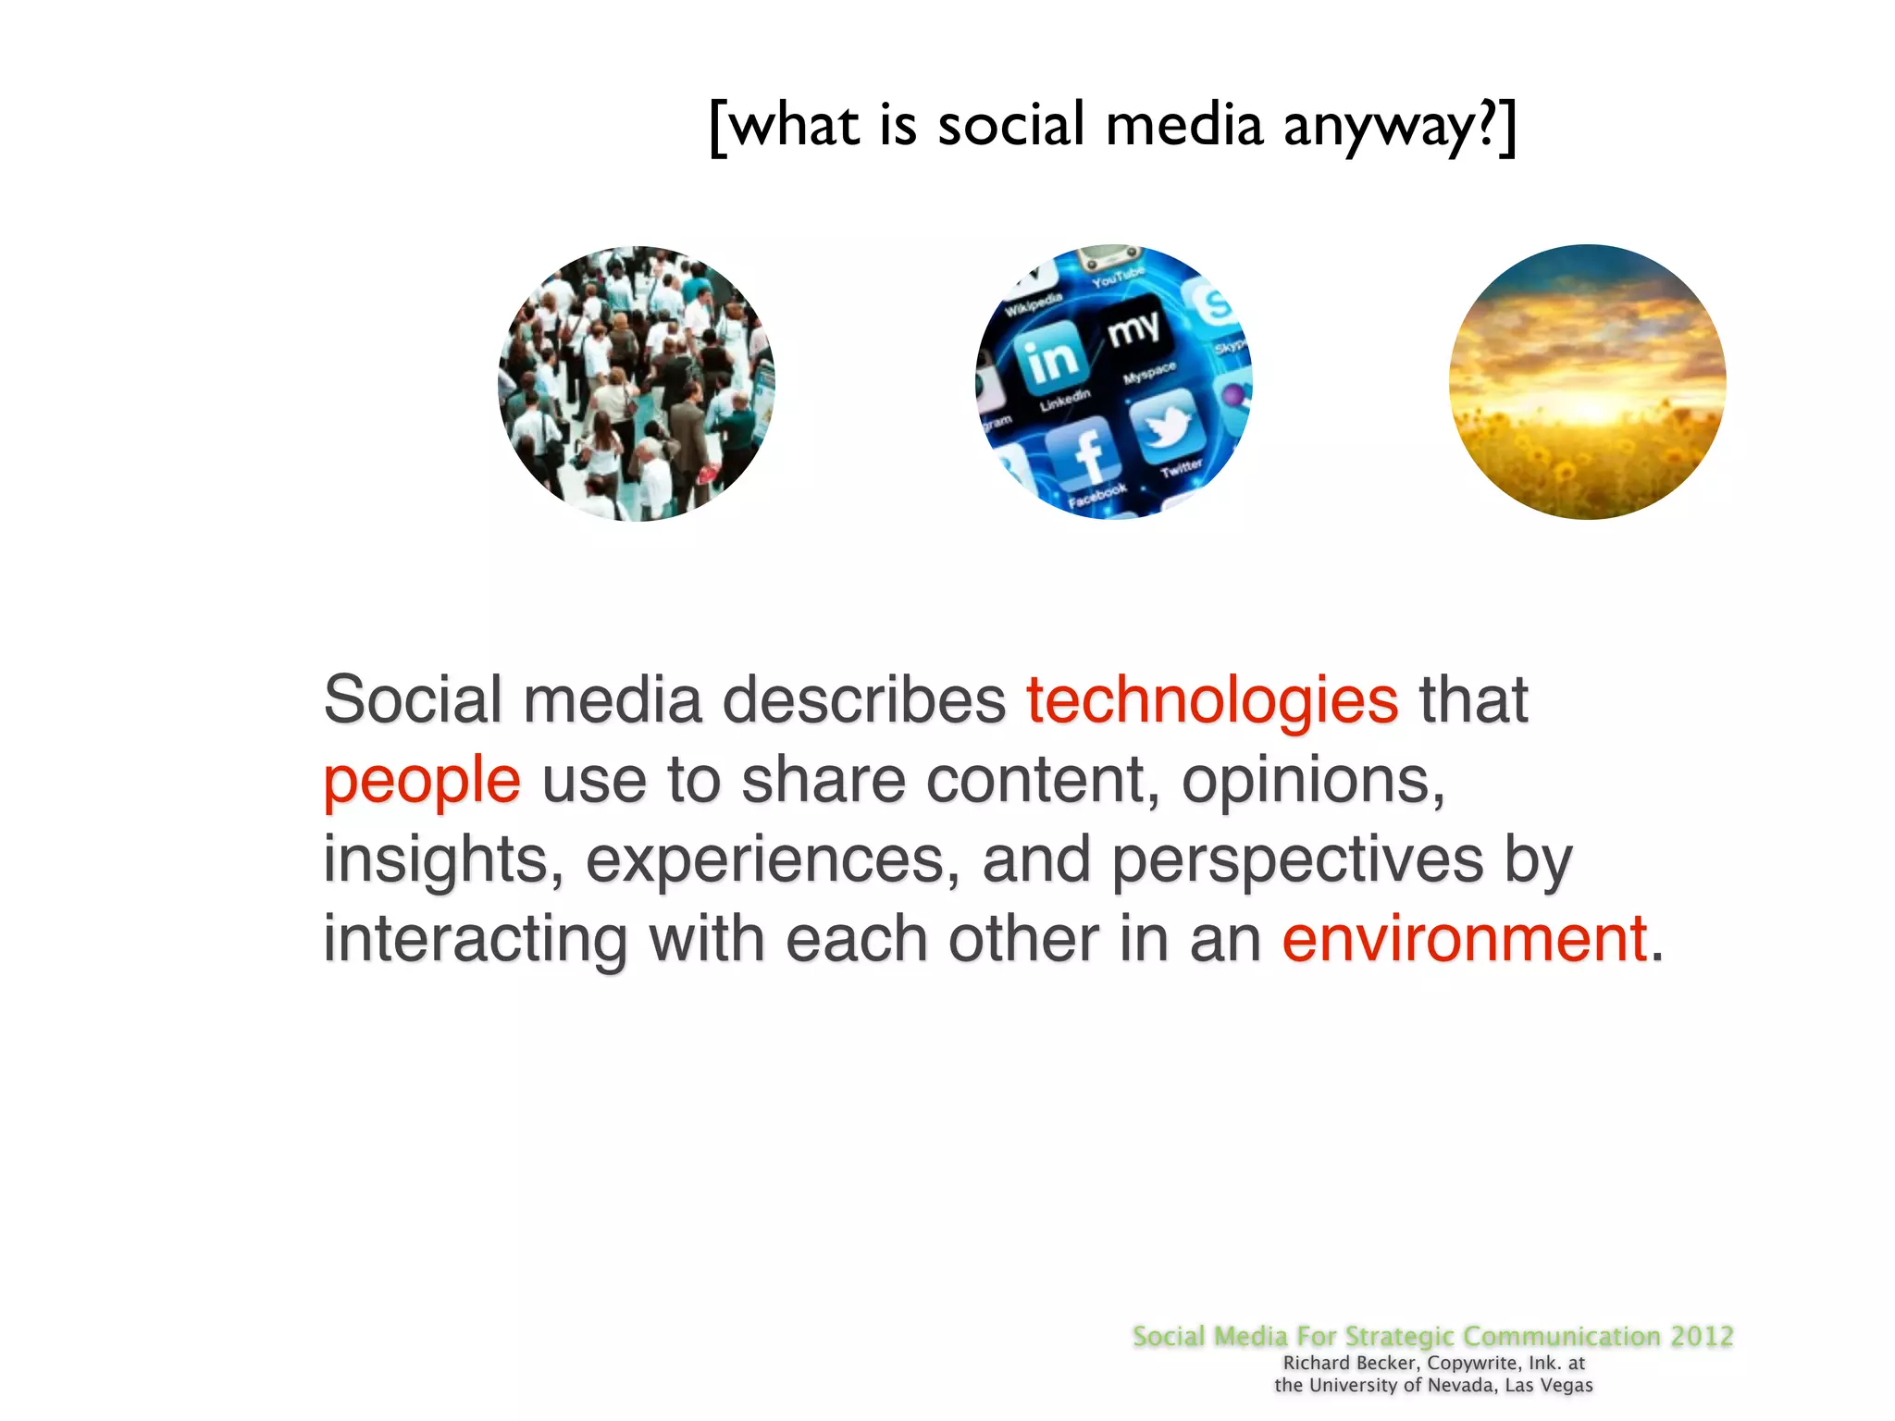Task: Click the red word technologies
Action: pos(1212,700)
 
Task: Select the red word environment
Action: pos(1465,939)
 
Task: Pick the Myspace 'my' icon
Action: pos(1133,328)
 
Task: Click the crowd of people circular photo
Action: pos(637,383)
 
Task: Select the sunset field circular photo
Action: pos(1587,381)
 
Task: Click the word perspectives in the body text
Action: pos(1297,860)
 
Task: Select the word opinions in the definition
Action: pos(1312,780)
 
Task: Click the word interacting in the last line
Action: pos(475,939)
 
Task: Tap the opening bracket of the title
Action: pos(717,128)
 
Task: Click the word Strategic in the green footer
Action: pos(1399,1336)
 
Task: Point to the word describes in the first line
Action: pos(863,700)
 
